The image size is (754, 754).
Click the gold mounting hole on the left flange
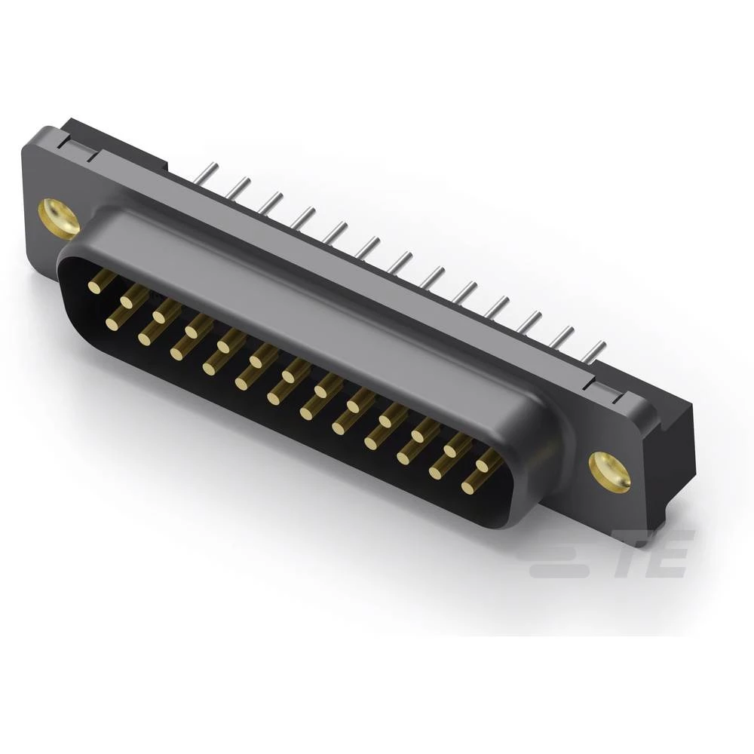pyautogui.click(x=58, y=218)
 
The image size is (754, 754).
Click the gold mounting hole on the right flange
pyautogui.click(x=609, y=472)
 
